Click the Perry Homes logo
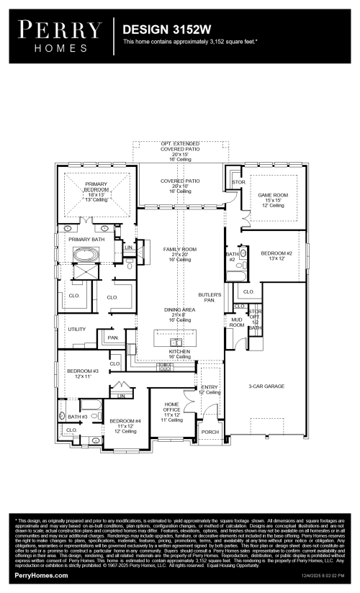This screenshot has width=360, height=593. (x=60, y=35)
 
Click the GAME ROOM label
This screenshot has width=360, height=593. (x=273, y=195)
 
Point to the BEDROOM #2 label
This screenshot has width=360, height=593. (x=276, y=253)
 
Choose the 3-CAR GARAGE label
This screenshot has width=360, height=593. (x=266, y=386)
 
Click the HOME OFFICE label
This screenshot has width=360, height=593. (x=171, y=408)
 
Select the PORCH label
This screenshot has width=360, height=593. (x=210, y=433)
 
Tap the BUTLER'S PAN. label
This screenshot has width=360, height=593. (x=210, y=297)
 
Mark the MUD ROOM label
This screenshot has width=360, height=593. (x=237, y=322)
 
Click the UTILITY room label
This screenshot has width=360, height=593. (x=77, y=329)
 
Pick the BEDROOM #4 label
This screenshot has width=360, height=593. (x=124, y=422)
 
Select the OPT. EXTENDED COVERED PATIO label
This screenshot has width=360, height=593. (x=179, y=147)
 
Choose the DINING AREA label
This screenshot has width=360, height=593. (x=179, y=309)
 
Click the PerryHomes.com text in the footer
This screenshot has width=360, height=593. (x=41, y=576)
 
